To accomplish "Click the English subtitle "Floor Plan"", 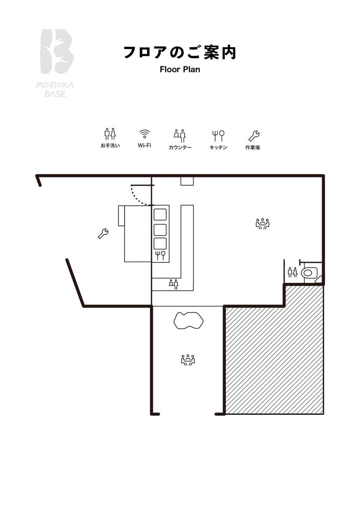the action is tap(180, 69).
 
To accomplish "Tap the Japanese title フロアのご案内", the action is tap(180, 53).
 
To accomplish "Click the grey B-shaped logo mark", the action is tap(57, 51).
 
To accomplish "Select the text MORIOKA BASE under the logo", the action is tap(55, 90).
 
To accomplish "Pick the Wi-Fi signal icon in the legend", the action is tap(144, 134).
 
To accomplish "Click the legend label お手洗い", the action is tap(110, 145).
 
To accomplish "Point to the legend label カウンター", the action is tap(180, 147).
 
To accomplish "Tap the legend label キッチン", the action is tap(218, 147).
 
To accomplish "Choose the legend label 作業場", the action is tap(253, 147).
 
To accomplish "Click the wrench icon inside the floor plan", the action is tap(103, 233).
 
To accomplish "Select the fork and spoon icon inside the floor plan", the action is tap(160, 255).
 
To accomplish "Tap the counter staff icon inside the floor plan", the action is tap(174, 284).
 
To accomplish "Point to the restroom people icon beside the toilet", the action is tap(293, 272).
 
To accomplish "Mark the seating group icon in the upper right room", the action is tap(263, 224).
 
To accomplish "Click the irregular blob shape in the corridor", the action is tap(188, 320).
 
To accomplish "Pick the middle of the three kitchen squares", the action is tap(160, 229).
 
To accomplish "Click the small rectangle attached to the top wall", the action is tap(187, 181).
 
